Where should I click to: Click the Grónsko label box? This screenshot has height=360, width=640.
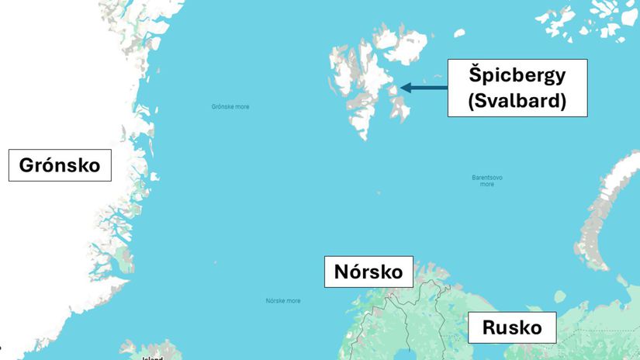60,165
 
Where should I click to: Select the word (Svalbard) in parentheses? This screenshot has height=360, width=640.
517,100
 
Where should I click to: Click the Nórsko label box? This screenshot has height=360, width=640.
368,272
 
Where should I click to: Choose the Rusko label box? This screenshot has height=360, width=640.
512,327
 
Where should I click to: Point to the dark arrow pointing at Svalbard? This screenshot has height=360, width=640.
424,88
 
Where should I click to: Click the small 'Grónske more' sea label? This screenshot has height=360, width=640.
230,107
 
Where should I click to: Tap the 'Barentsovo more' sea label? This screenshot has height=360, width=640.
487,181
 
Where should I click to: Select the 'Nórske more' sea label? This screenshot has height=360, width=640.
283,301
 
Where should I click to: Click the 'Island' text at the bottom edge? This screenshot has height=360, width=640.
153,358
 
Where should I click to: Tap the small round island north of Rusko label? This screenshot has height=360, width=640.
560,296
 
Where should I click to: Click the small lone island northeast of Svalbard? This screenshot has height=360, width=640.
459,33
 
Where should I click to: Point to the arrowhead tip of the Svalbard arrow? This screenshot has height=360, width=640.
402,88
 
